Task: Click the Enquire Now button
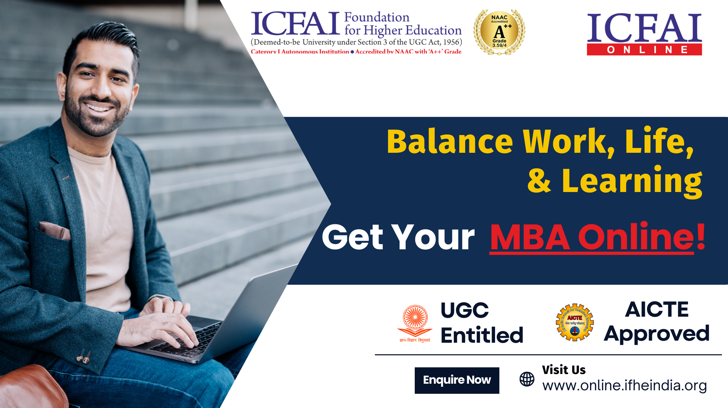click(457, 380)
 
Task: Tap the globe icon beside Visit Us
click(527, 379)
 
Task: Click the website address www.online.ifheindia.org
click(624, 386)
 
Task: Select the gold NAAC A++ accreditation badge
click(499, 32)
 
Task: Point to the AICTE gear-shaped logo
click(575, 323)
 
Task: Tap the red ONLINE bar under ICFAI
click(644, 50)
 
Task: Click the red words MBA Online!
click(597, 238)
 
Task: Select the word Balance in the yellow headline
click(450, 142)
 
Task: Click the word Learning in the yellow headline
click(632, 181)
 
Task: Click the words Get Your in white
click(398, 238)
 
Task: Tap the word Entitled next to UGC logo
click(482, 335)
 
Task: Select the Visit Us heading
click(564, 370)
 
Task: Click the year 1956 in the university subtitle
click(451, 42)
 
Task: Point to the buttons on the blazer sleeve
click(83, 358)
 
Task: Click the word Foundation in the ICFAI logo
click(377, 17)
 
